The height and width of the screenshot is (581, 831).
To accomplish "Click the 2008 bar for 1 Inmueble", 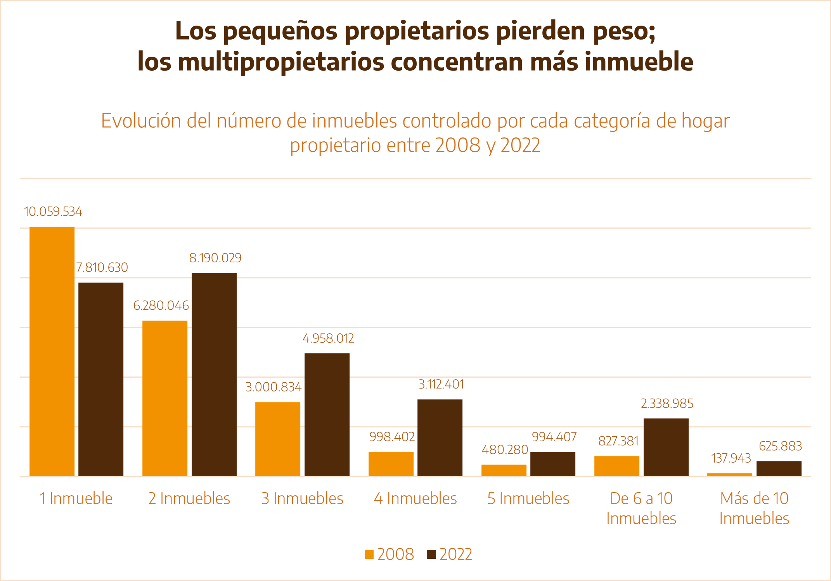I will point(52,351).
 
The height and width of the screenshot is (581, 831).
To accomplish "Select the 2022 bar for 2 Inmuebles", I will point(214,375).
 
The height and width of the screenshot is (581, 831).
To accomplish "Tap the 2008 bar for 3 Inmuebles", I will point(278,439).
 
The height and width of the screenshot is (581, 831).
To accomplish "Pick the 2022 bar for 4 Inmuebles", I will point(440,438).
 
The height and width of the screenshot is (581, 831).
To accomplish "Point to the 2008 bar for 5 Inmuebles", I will point(504,470).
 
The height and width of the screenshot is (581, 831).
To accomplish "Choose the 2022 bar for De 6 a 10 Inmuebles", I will point(666,447).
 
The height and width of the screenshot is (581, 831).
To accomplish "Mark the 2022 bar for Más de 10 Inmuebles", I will point(779,468).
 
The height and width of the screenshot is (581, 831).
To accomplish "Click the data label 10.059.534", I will point(53,212).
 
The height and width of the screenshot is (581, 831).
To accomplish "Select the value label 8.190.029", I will point(215,258).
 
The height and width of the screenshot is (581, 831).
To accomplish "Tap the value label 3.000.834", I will point(274,387).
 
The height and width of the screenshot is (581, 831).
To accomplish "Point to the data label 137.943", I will point(731,458).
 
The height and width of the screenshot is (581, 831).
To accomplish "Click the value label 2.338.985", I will point(667,404).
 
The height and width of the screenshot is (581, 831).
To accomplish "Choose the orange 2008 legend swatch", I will point(369,554).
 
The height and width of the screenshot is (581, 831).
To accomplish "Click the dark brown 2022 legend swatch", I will point(431,554).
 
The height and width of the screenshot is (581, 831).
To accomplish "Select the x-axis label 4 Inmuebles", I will point(415,498).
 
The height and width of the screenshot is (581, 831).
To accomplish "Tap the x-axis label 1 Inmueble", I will point(76,498).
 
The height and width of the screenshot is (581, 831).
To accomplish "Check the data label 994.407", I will point(554,437).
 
